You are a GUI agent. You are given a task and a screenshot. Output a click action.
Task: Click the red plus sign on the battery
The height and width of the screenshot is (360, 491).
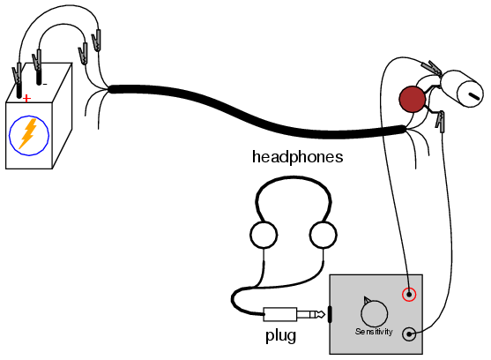tap(27, 98)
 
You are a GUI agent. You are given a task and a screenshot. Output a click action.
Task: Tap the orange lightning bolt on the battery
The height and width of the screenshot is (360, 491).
tap(28, 133)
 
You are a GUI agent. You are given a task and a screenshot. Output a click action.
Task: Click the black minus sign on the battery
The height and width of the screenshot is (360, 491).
tap(45, 84)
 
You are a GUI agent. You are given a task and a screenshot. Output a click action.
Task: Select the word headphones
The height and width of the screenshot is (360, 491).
tap(297, 157)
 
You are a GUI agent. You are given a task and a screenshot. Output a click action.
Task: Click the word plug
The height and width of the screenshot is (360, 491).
tap(280, 336)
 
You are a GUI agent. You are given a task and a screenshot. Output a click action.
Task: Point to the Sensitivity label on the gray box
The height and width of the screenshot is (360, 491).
tap(374, 332)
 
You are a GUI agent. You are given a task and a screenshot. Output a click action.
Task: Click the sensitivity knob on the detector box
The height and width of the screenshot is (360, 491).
tap(374, 313)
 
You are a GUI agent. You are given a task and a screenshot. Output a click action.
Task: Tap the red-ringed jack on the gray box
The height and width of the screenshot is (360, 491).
tap(409, 295)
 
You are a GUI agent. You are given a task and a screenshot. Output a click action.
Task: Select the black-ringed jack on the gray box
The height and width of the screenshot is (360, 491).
tap(409, 334)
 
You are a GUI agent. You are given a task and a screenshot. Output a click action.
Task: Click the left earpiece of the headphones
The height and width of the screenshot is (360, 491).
tap(264, 235)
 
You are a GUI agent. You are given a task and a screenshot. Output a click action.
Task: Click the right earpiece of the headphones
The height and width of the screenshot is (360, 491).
tap(324, 235)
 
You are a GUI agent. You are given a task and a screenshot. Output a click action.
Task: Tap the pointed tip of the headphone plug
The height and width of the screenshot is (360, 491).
tap(324, 314)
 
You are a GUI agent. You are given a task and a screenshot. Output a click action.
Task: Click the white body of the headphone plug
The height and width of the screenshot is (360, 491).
tap(280, 314)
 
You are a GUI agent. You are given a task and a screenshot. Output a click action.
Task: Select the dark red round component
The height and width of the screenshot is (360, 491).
tap(413, 99)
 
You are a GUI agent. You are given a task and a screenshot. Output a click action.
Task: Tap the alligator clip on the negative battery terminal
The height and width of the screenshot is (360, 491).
tap(37, 61)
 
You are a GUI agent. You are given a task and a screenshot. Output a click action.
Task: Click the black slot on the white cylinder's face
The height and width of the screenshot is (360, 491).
tap(474, 95)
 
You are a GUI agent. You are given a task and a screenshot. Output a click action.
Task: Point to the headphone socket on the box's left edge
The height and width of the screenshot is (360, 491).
tap(330, 314)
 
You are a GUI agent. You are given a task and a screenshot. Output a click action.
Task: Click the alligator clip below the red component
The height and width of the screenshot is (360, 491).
tap(441, 121)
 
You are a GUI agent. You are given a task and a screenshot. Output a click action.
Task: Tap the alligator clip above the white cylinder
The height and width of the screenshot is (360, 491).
tap(432, 68)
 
